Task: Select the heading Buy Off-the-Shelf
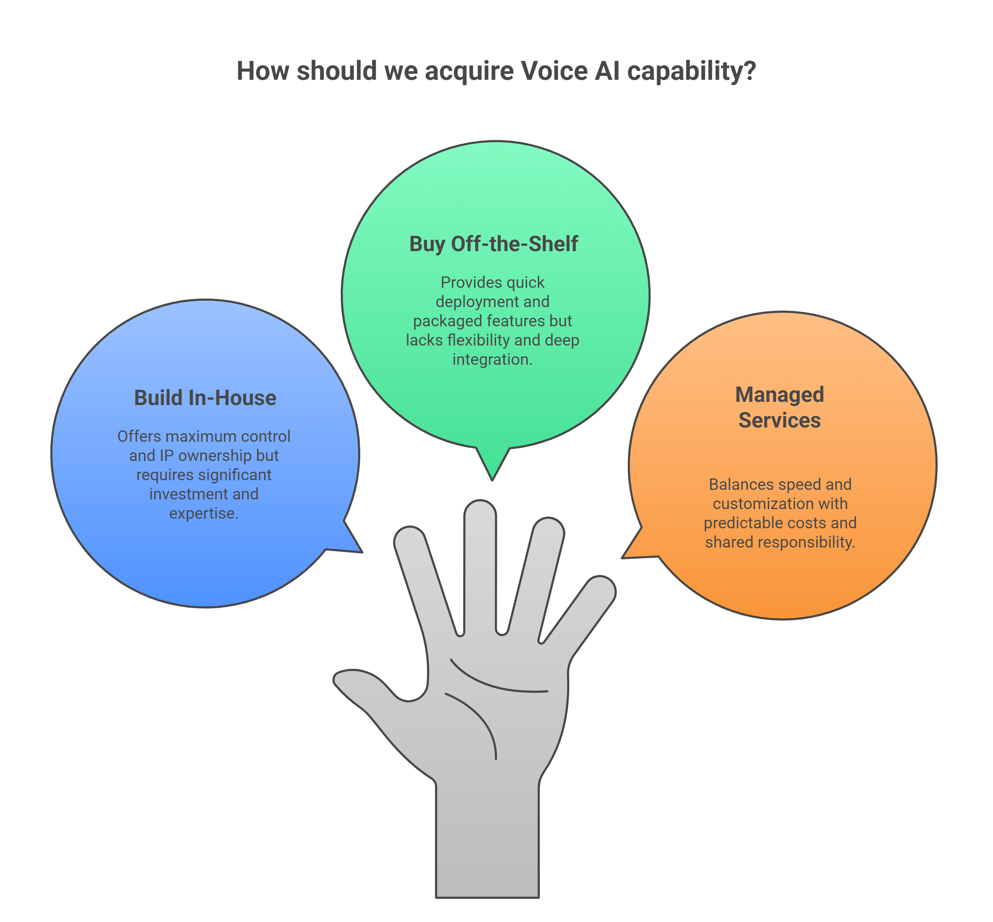[x=493, y=244]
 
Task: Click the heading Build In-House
[x=205, y=398]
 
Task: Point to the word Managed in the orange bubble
[x=780, y=395]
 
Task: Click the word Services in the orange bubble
[x=780, y=420]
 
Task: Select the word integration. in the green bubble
[x=492, y=359]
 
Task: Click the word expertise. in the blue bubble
[x=203, y=513]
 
